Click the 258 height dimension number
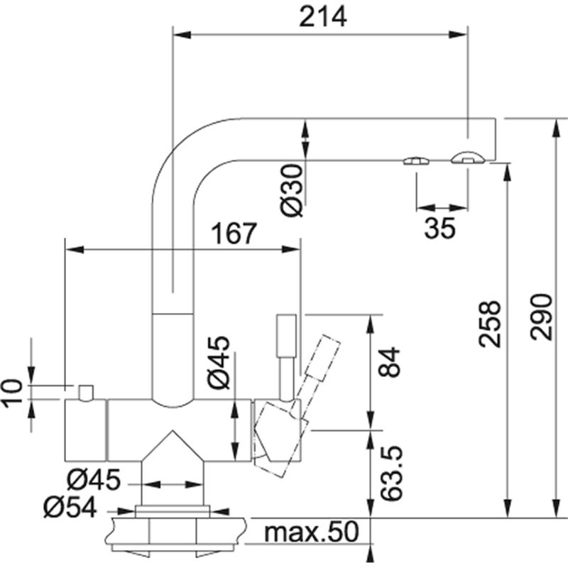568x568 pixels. (490, 324)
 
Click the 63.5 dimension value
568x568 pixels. (390, 474)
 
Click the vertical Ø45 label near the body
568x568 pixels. (219, 361)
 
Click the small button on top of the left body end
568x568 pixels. (86, 392)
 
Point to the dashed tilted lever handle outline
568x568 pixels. (318, 362)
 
